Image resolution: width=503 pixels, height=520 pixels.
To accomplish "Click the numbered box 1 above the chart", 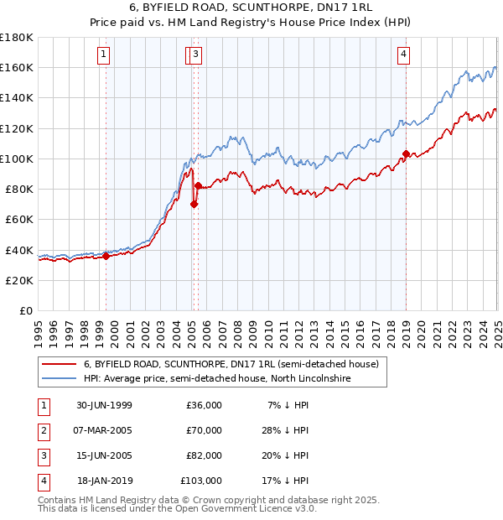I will pos(103,55).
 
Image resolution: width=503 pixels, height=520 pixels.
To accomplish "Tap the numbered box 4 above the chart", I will pos(403,55).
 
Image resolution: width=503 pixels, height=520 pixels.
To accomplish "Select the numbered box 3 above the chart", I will pos(195,55).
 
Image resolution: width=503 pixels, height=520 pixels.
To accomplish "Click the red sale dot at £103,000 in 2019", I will pos(406,153).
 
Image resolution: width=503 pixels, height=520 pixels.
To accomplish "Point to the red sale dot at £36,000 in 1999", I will pos(106,257).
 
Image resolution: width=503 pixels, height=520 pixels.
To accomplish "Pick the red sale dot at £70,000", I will pos(194,204).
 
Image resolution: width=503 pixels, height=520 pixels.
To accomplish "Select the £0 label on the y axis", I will pos(26,310).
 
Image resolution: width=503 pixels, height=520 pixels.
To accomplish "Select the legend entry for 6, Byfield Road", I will pos(231,364).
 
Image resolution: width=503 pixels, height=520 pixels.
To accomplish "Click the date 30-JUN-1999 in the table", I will pos(104,405).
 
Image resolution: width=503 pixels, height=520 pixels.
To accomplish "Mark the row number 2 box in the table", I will pos(42,430).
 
